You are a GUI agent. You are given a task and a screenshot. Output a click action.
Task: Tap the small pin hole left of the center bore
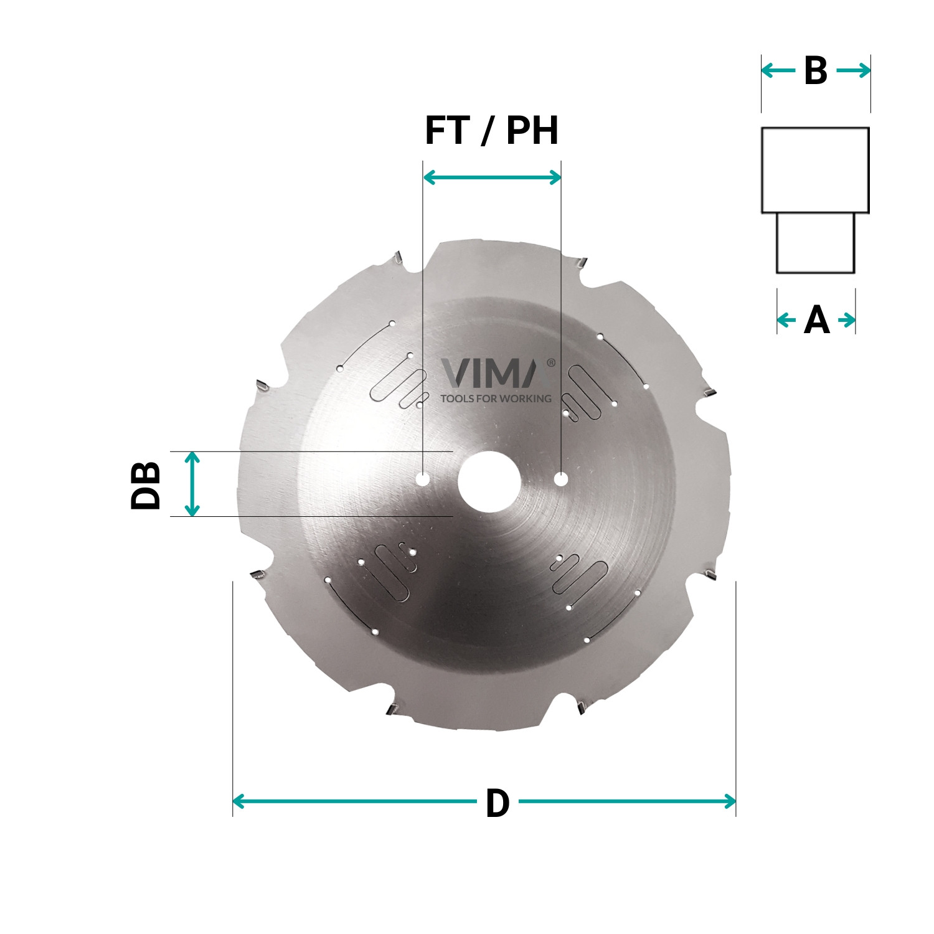tap(423, 479)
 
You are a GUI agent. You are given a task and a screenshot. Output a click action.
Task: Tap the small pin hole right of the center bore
tap(561, 478)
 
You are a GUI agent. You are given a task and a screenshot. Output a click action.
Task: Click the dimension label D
tap(497, 804)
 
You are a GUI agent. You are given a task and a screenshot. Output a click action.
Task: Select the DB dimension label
tap(146, 485)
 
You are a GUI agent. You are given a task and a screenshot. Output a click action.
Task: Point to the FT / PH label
tap(491, 131)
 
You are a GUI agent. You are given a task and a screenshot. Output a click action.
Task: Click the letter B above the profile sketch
tap(815, 71)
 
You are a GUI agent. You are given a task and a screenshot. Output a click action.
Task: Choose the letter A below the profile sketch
tap(816, 321)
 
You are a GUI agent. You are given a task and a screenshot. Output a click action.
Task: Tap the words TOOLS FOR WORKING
tap(496, 399)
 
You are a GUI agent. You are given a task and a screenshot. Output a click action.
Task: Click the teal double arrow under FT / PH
tap(492, 178)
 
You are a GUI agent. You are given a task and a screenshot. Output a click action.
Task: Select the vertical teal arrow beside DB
tap(193, 484)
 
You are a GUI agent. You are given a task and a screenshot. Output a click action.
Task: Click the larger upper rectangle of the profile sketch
tap(815, 170)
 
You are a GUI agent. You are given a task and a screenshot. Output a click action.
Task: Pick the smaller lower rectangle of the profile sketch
tap(815, 243)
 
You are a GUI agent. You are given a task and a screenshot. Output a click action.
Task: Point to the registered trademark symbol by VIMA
tap(550, 362)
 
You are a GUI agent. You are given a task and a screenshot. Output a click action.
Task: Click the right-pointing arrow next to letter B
tap(854, 71)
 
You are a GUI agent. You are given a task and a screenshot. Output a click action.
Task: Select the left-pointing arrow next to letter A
tap(786, 321)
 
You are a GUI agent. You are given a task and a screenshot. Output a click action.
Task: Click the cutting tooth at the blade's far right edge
tap(709, 394)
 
